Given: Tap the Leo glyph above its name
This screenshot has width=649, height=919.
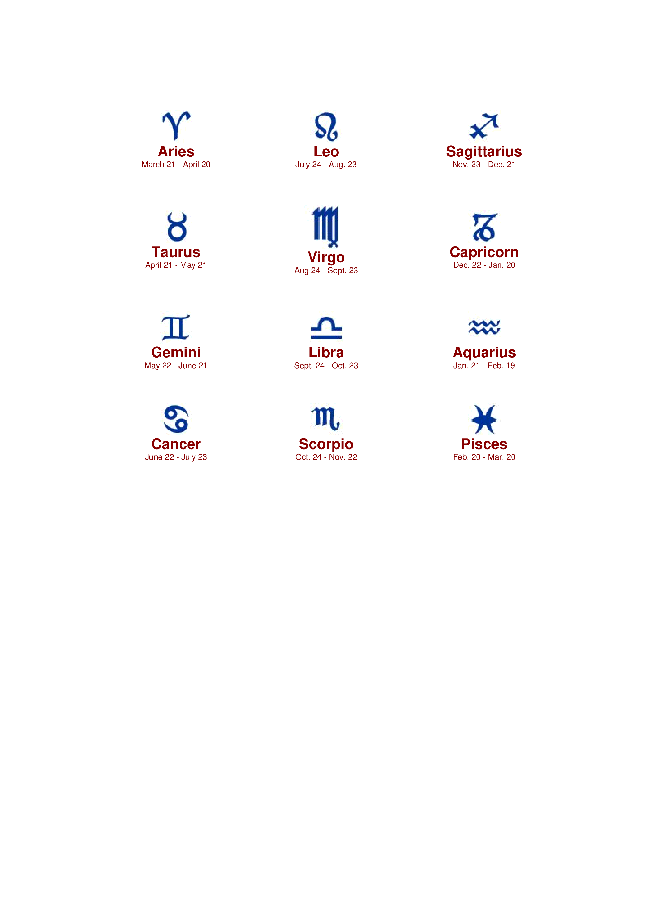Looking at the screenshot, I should tap(326, 127).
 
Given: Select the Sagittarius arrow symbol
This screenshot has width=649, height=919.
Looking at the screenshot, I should tap(484, 127).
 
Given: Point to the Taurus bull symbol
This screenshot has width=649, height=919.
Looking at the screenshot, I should tap(177, 227).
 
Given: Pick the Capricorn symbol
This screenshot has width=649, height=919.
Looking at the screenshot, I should tap(484, 227).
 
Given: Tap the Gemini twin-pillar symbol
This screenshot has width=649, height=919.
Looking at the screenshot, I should tap(176, 327).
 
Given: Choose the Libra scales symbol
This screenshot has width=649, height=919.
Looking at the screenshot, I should tap(326, 328).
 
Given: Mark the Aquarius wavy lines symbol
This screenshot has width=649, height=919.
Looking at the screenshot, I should tap(484, 327).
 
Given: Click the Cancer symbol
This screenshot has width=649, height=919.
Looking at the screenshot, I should tap(176, 419).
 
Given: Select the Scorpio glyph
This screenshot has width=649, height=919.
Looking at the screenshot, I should tap(326, 419).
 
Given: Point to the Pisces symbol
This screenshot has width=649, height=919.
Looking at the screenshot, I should tap(484, 419).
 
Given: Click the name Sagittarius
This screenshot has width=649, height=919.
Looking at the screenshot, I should tap(484, 152).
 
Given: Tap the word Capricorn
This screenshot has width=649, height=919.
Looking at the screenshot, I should tap(484, 252).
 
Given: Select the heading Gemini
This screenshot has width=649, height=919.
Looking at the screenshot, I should tap(176, 352).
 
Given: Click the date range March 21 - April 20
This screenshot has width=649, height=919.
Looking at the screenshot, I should tap(176, 165).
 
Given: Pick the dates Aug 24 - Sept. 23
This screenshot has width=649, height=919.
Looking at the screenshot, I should tap(326, 271).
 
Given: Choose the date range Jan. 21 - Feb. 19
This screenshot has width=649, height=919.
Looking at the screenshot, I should tap(484, 365).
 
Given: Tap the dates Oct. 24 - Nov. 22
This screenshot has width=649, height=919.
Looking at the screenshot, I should tap(326, 457).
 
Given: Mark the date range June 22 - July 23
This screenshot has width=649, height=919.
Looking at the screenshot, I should tap(176, 457).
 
